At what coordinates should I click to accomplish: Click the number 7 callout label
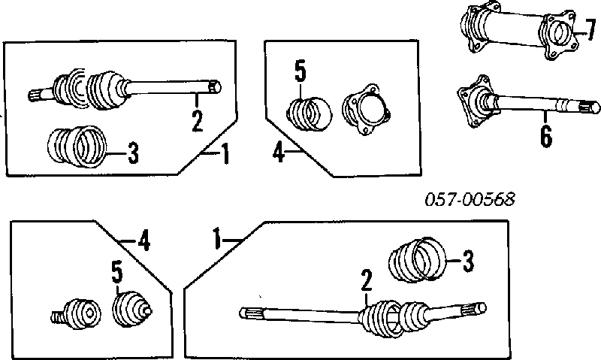click(590, 30)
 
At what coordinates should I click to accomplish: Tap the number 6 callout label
click(546, 135)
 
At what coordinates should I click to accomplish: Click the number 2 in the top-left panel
click(197, 119)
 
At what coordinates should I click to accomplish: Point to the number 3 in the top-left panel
click(132, 154)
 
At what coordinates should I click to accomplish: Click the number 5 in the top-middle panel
click(300, 74)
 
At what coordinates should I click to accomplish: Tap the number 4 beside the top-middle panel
click(278, 155)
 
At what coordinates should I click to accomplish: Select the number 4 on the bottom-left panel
click(144, 241)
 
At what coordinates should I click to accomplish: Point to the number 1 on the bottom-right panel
click(217, 241)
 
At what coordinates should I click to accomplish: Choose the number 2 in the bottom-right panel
click(366, 281)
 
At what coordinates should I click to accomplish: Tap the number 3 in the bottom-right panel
click(467, 262)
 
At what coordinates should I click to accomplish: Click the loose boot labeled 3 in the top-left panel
click(74, 145)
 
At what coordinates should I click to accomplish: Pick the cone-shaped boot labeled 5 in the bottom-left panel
click(131, 308)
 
